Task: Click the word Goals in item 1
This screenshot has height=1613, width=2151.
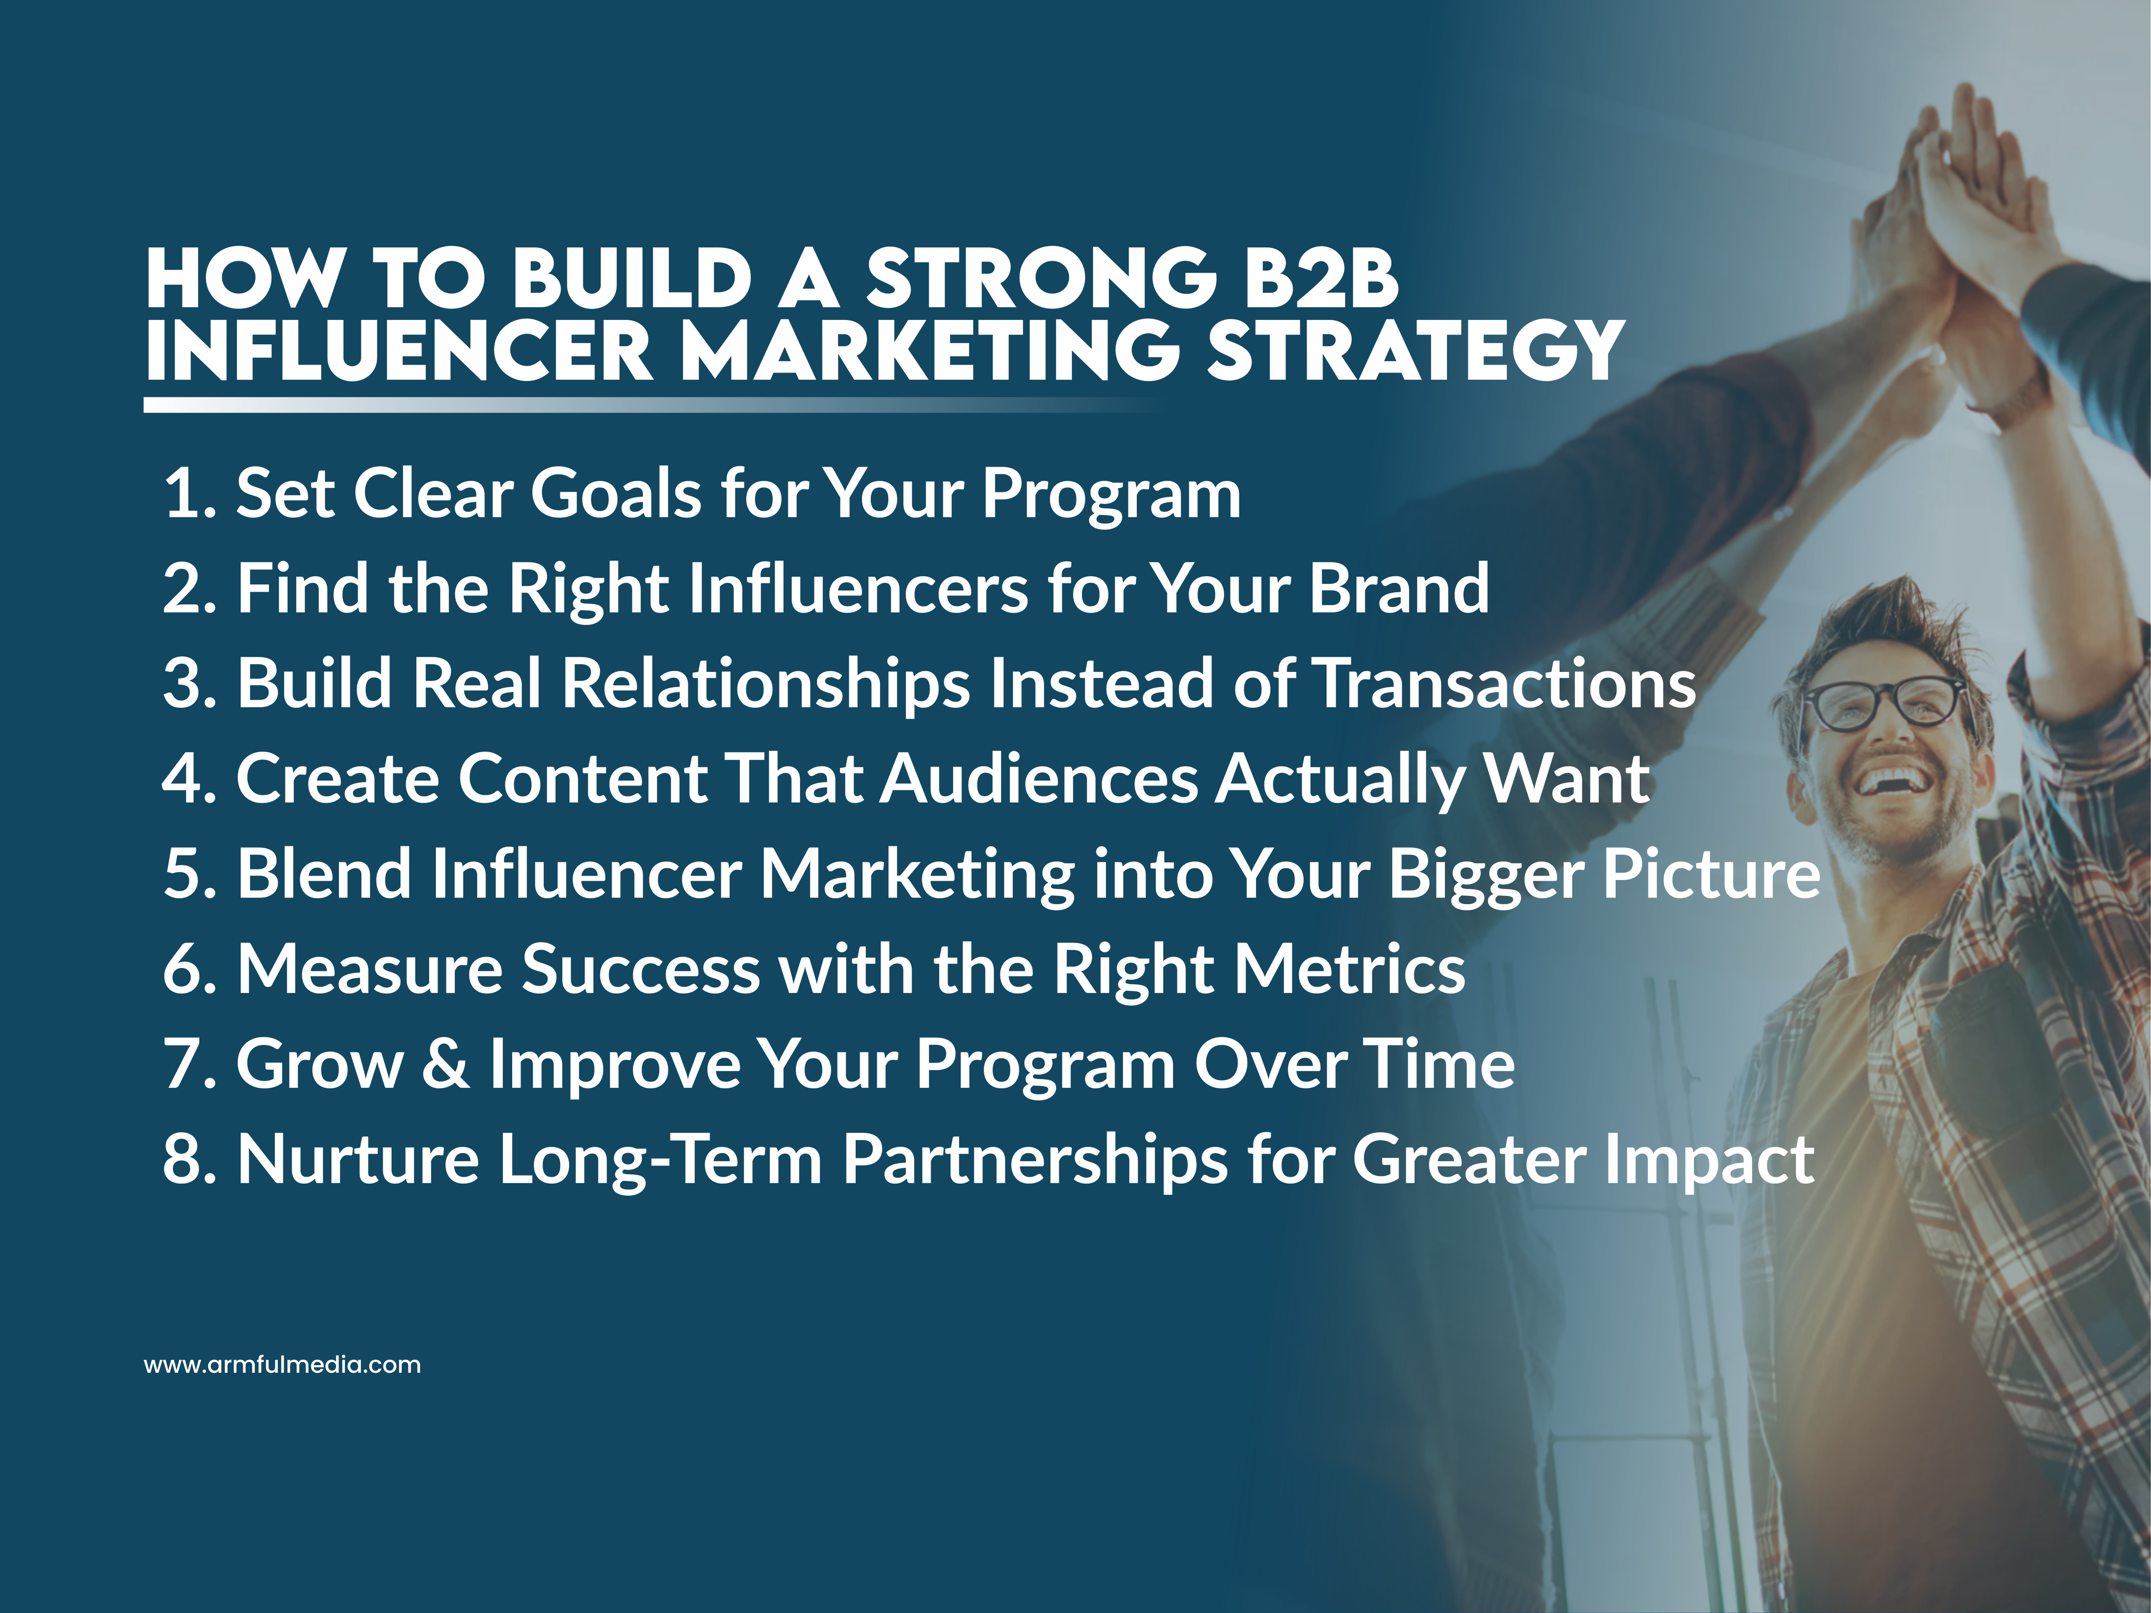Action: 615,494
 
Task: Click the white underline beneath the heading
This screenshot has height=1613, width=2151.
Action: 583,404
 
